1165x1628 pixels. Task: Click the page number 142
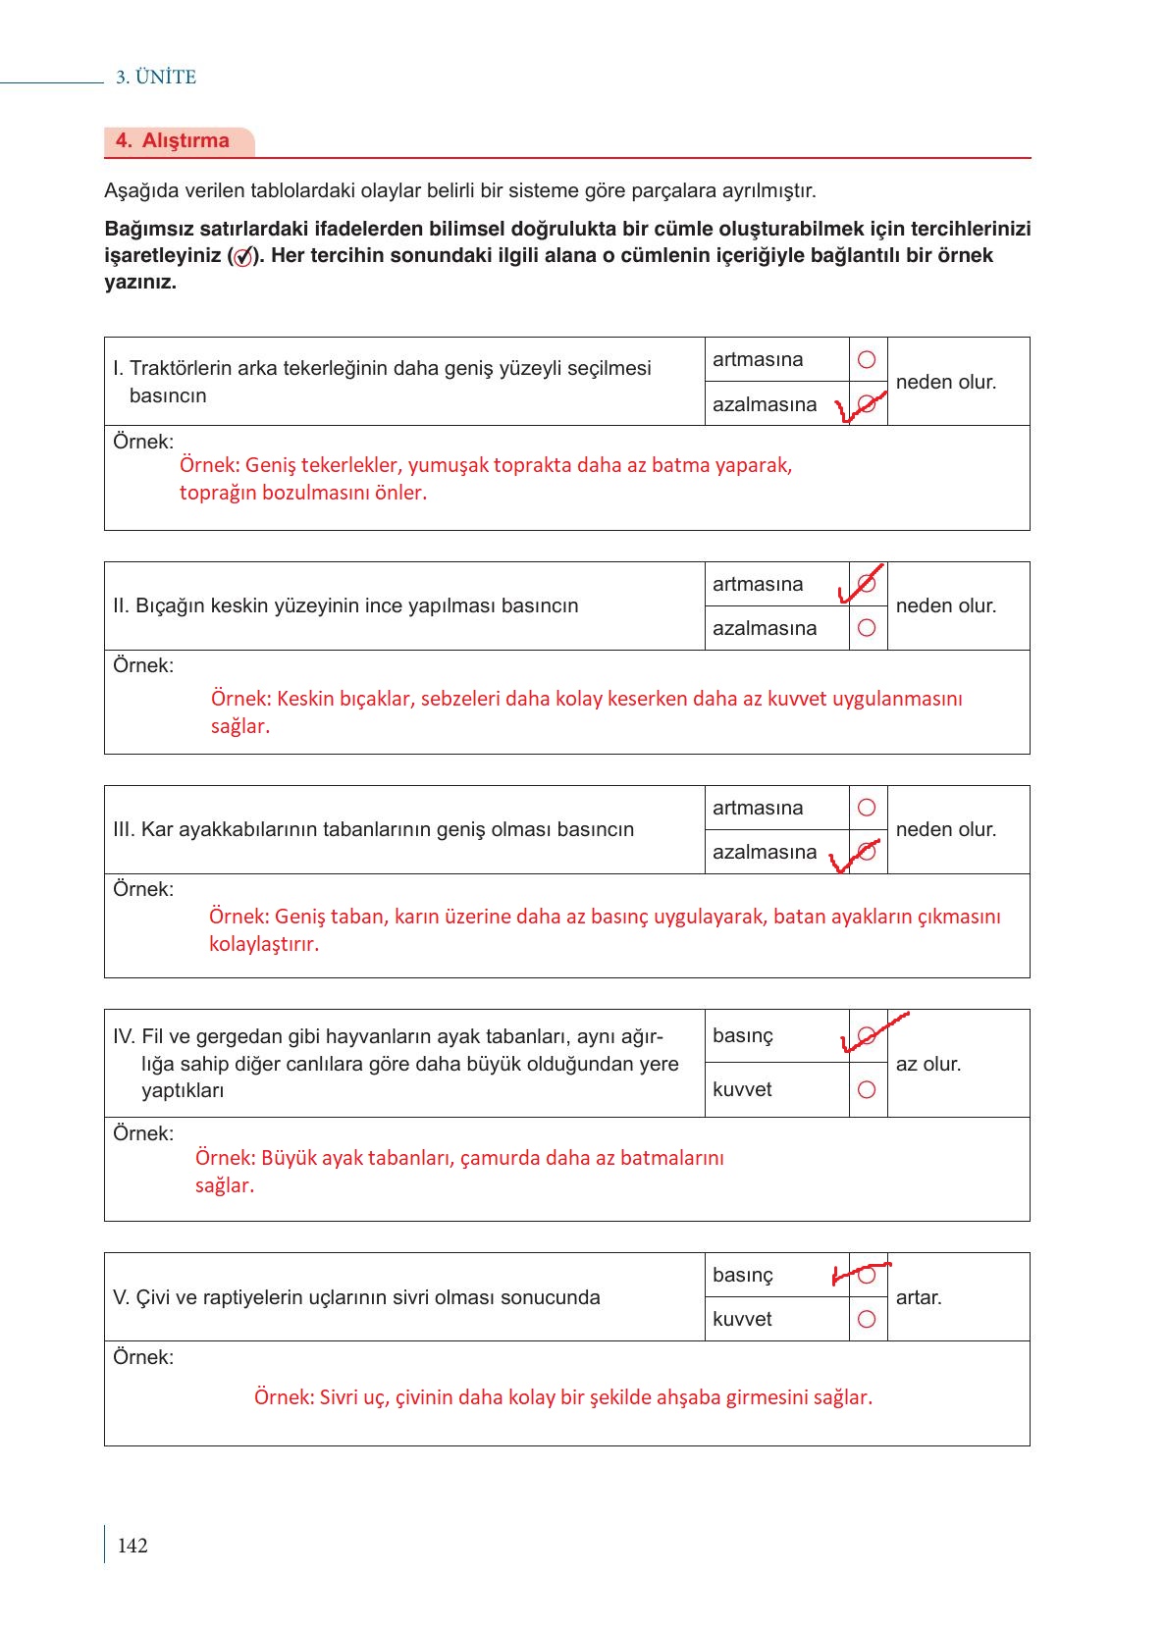click(x=132, y=1546)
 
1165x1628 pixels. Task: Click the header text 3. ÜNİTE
click(x=156, y=78)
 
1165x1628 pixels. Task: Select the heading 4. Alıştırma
click(x=173, y=140)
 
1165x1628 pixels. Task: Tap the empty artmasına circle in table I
click(x=867, y=360)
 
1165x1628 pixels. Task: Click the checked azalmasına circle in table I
click(x=867, y=403)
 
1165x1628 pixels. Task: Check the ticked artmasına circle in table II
click(x=867, y=584)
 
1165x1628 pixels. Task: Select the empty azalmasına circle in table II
click(x=867, y=628)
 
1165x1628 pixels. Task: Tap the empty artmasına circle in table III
click(x=867, y=808)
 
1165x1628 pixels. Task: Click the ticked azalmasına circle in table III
click(x=867, y=851)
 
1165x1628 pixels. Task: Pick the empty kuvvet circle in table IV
click(x=867, y=1089)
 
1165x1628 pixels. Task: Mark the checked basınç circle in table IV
click(x=867, y=1035)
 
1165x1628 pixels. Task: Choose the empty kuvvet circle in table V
click(x=867, y=1319)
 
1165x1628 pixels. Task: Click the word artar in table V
click(x=918, y=1297)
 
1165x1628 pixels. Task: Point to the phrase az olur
click(x=927, y=1064)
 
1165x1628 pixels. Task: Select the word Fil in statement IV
click(x=152, y=1036)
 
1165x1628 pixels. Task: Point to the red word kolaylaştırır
click(x=264, y=944)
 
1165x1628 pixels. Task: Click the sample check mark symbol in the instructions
click(x=242, y=257)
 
